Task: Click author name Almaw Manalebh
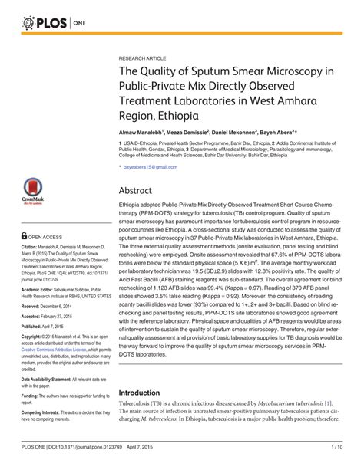pyautogui.click(x=144, y=132)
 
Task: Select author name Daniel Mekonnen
pyautogui.click(x=232, y=132)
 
